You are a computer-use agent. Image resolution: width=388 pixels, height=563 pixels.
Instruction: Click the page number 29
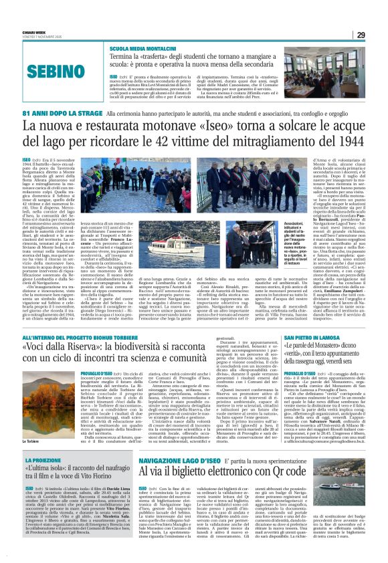pyautogui.click(x=360, y=35)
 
